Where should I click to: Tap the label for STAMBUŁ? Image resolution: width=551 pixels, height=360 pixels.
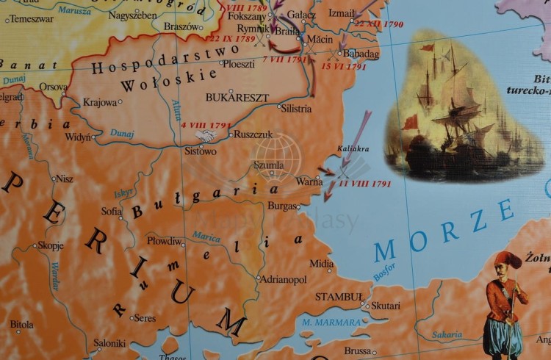click(x=339, y=297)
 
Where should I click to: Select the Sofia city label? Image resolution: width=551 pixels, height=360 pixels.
click(x=111, y=212)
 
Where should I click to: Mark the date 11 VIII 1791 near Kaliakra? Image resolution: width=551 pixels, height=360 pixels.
click(x=364, y=184)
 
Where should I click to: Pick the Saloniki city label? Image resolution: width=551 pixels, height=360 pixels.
click(x=109, y=343)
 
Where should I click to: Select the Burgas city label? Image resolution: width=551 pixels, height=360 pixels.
click(x=283, y=206)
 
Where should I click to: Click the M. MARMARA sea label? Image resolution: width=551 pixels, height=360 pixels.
click(x=331, y=322)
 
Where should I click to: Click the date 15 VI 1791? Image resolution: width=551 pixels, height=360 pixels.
click(x=344, y=67)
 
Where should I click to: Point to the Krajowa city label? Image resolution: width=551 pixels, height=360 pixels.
click(x=100, y=103)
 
